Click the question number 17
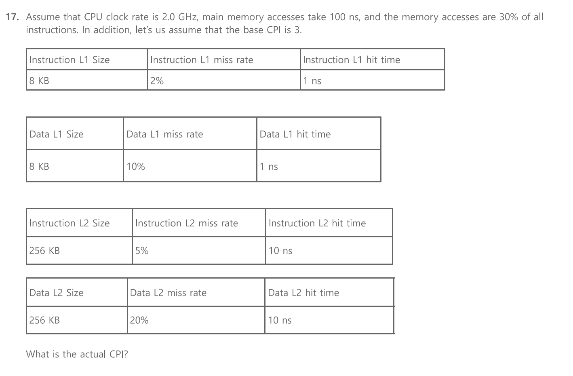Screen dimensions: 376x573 [12, 17]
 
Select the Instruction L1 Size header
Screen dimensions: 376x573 [69, 60]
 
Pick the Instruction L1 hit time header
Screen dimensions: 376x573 [351, 60]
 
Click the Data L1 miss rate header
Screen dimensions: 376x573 [164, 134]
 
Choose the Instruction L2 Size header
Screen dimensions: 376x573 [69, 223]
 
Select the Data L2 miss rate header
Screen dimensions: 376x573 [168, 293]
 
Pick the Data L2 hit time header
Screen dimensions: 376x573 [303, 293]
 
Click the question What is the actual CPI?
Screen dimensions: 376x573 [77, 354]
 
